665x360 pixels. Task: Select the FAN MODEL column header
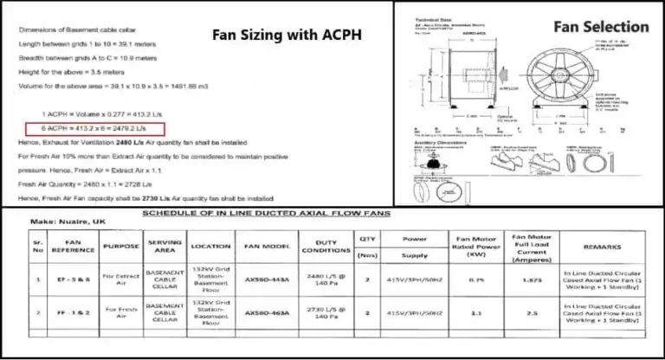[x=267, y=246]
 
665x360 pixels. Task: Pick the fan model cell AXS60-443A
[x=267, y=280]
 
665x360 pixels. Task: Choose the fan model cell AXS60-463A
[x=267, y=312]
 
